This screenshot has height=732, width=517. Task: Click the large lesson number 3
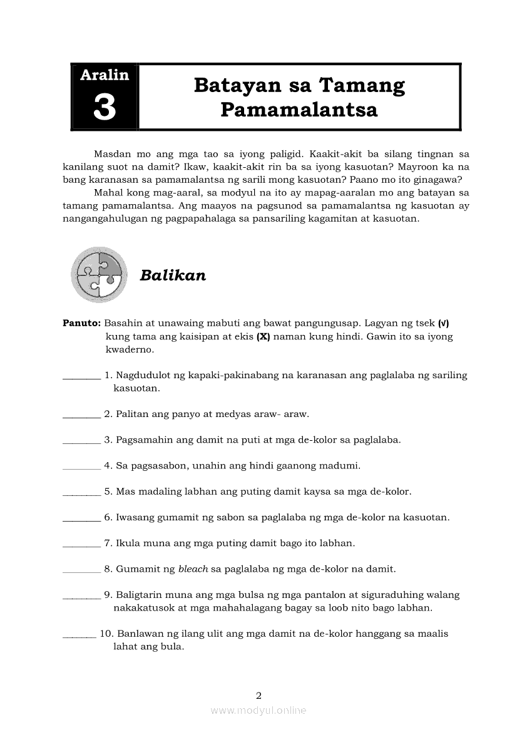tap(105, 106)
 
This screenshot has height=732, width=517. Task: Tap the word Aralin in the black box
tap(105, 75)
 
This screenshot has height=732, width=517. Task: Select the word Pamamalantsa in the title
tap(299, 110)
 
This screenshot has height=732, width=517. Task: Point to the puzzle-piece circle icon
tap(99, 274)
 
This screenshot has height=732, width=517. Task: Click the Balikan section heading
tap(173, 276)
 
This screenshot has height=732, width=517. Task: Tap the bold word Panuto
tap(81, 324)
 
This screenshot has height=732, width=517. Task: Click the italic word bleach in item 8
tap(193, 569)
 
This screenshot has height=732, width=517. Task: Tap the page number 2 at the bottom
tap(258, 695)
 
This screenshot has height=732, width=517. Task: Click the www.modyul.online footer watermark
tap(258, 711)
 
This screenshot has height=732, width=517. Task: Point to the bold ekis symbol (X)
tap(263, 337)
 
